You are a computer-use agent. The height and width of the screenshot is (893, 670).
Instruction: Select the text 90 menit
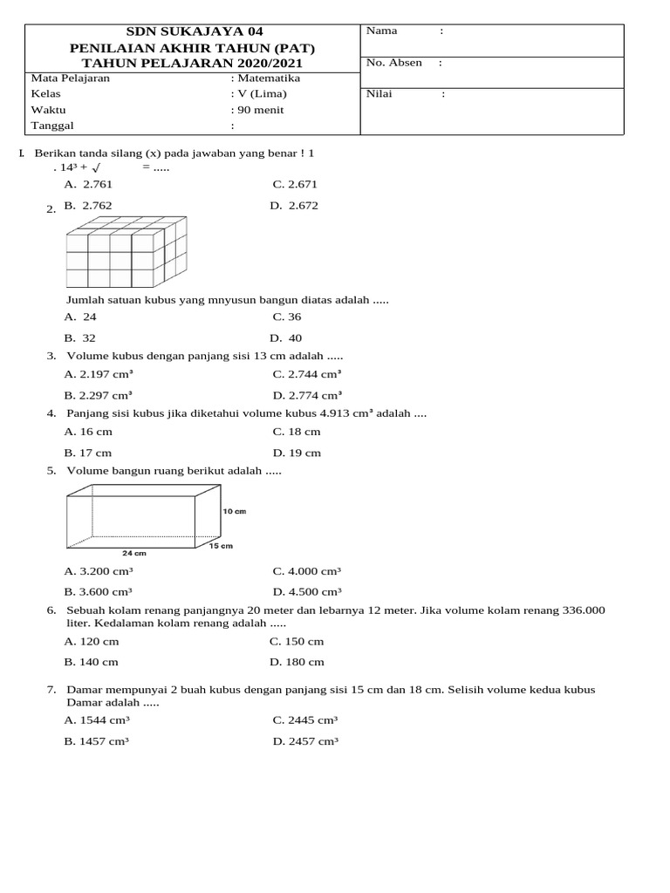coord(260,110)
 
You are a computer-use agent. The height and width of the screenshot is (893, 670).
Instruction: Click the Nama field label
coord(381,31)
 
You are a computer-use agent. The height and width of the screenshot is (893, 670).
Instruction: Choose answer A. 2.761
coord(88,184)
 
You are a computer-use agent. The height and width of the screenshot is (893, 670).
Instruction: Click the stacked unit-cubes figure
coord(126,253)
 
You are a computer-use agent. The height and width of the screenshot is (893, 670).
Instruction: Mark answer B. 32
coord(80,338)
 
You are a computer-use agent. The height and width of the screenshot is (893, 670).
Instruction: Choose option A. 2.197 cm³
coord(99,374)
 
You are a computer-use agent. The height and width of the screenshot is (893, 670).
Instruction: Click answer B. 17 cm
coord(88,453)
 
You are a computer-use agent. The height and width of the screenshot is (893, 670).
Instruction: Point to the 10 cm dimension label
coord(234,511)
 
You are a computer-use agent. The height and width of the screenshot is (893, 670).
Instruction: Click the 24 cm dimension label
coord(134,553)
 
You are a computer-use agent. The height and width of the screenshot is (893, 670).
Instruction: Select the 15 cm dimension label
coord(221,546)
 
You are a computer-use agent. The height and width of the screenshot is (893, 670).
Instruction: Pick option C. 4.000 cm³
coord(306,571)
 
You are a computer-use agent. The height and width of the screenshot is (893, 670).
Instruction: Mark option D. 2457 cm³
coord(304,741)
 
